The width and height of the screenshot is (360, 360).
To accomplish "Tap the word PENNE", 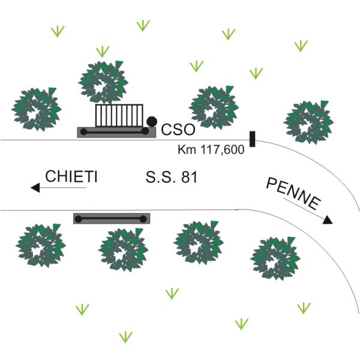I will pos(293,194).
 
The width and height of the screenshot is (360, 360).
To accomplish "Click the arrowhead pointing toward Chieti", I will pos(35,188).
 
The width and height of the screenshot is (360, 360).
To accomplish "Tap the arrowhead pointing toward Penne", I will pos(327,220).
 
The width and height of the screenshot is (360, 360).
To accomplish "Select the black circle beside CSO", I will pos(152,121).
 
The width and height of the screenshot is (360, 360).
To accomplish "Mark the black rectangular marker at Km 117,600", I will pos(253,139).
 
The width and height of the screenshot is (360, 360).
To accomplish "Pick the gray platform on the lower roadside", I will pos(112,218).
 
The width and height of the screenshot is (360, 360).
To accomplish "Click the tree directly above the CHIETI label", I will pos(37,109).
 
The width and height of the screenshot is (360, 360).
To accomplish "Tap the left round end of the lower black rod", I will pos(77,218).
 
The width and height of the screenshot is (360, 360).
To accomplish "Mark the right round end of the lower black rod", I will pos(143,218).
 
